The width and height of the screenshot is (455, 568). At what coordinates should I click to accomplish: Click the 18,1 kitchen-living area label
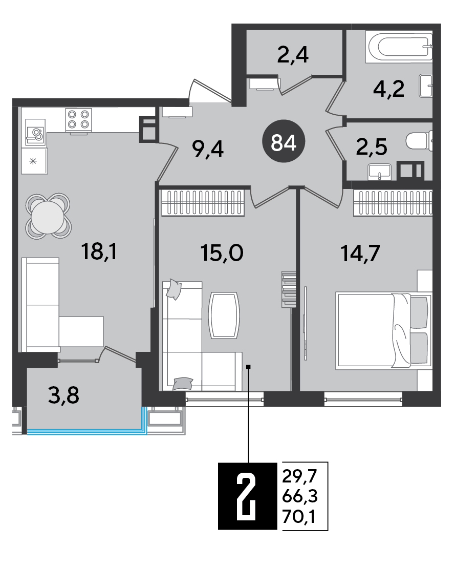(x=99, y=251)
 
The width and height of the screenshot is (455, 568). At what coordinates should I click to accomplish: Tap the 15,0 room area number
(x=222, y=253)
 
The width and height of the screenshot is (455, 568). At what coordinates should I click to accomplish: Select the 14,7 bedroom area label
(x=360, y=253)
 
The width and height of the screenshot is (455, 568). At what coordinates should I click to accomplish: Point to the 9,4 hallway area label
(x=208, y=149)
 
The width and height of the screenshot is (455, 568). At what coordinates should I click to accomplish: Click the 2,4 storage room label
(x=293, y=55)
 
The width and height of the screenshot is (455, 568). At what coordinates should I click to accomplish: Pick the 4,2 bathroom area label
(x=389, y=89)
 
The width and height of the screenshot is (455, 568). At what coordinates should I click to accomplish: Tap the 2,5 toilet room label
(x=372, y=147)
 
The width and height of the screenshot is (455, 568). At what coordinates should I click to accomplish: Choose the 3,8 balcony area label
(x=63, y=395)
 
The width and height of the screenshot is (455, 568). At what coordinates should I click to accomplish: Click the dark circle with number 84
(x=284, y=142)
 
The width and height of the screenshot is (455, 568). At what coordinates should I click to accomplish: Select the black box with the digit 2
(x=248, y=496)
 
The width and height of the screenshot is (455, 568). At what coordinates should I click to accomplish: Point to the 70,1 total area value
(x=299, y=517)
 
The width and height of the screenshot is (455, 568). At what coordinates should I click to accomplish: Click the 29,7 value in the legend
(x=299, y=476)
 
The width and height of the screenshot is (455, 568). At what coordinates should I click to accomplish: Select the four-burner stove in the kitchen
(x=78, y=120)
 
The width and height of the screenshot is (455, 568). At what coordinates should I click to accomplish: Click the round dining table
(x=48, y=216)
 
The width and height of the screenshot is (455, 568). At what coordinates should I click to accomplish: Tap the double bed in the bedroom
(x=384, y=331)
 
